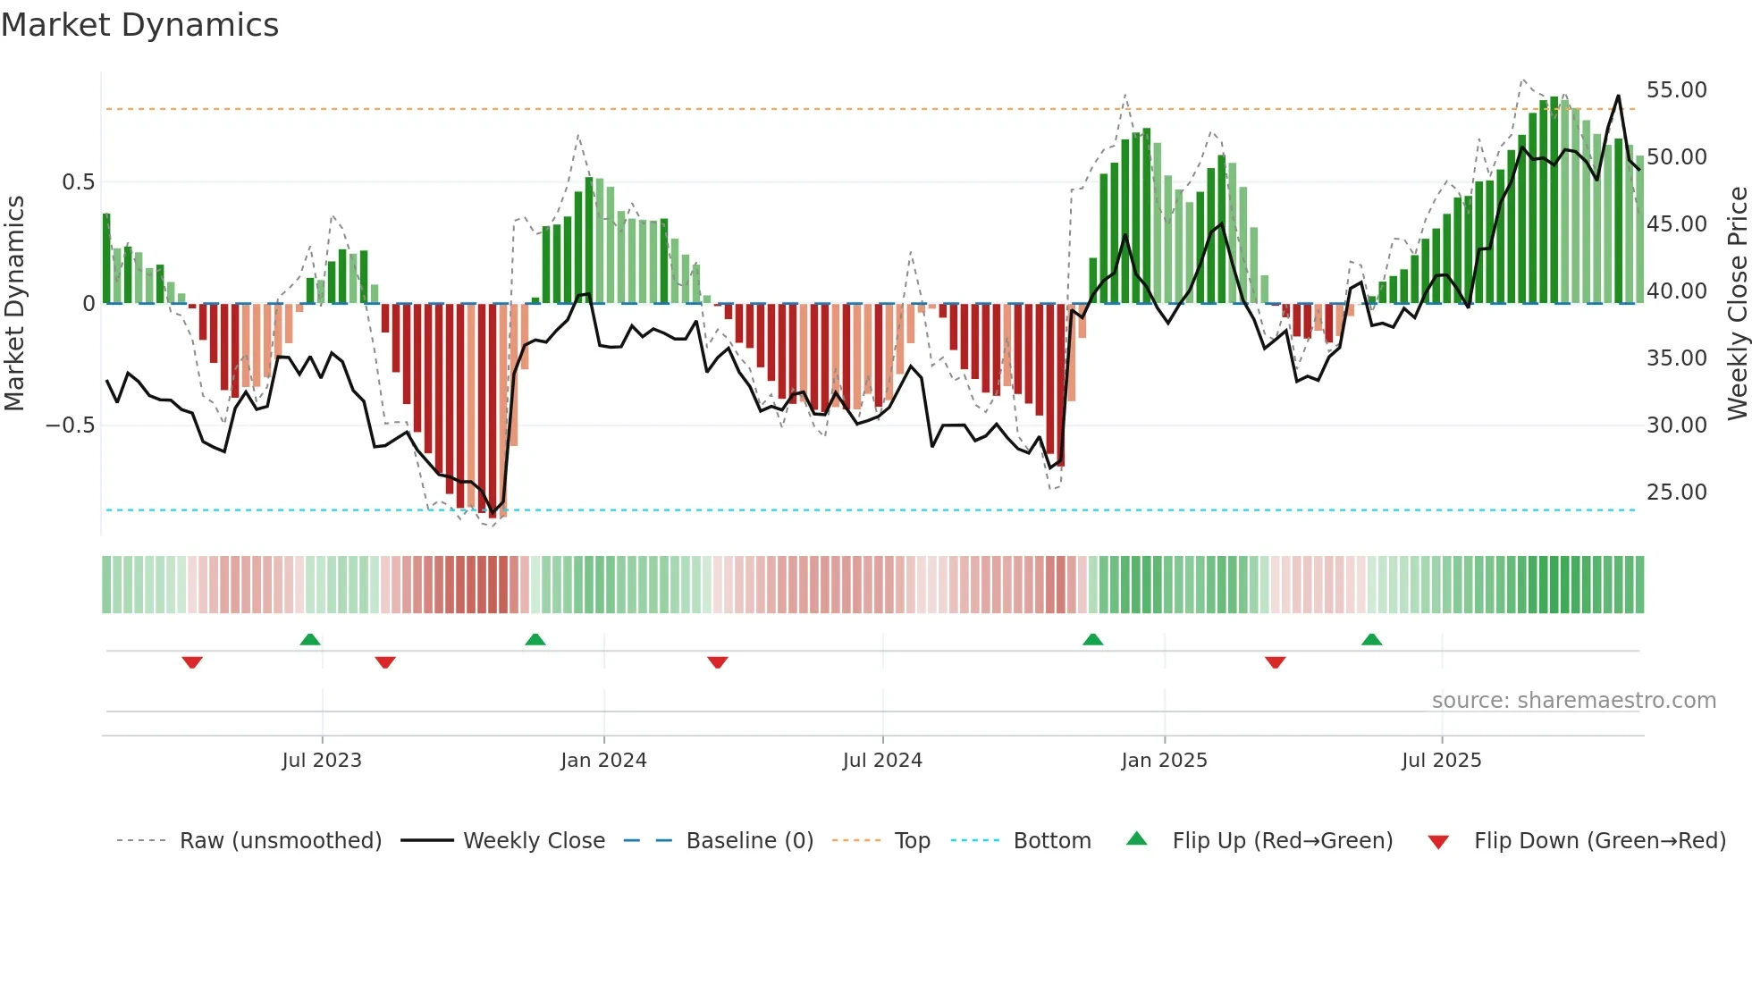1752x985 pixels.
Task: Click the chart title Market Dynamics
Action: coord(140,25)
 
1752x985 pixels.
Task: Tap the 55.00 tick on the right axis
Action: coord(1676,90)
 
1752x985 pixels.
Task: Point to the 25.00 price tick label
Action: coord(1676,492)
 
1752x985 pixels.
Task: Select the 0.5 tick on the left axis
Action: coord(78,182)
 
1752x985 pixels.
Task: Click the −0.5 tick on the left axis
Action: coord(70,425)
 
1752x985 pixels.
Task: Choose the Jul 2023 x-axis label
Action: coord(322,761)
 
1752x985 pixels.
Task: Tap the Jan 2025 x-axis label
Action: coord(1164,761)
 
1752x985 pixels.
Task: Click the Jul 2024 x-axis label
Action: coord(882,761)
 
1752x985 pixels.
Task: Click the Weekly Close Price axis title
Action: coord(1737,304)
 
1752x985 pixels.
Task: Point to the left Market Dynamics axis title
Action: coord(14,304)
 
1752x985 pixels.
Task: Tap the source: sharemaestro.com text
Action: coord(1573,701)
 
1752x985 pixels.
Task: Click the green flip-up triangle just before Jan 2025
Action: coord(1092,640)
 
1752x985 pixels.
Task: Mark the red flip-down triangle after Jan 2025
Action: coord(1276,662)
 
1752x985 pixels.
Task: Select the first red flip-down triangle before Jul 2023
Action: coord(192,662)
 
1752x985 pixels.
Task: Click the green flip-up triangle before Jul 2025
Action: coord(1371,640)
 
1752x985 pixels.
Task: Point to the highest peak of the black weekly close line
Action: coord(1618,96)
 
